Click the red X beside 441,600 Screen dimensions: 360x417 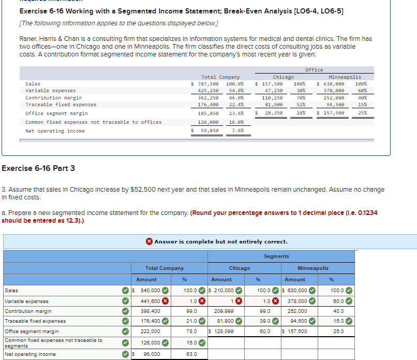(165, 301)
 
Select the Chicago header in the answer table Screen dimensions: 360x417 (240, 268)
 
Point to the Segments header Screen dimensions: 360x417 (276, 256)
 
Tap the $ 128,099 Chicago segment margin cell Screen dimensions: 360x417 (221, 332)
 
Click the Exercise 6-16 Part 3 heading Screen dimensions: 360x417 (38, 168)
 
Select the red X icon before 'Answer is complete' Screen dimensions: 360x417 (149, 241)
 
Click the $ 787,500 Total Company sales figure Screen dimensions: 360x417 (205, 84)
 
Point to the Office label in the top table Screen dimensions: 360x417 (314, 70)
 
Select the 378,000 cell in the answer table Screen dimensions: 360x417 (297, 301)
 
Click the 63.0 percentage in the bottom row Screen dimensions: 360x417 (191, 354)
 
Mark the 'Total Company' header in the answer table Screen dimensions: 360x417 (165, 268)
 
